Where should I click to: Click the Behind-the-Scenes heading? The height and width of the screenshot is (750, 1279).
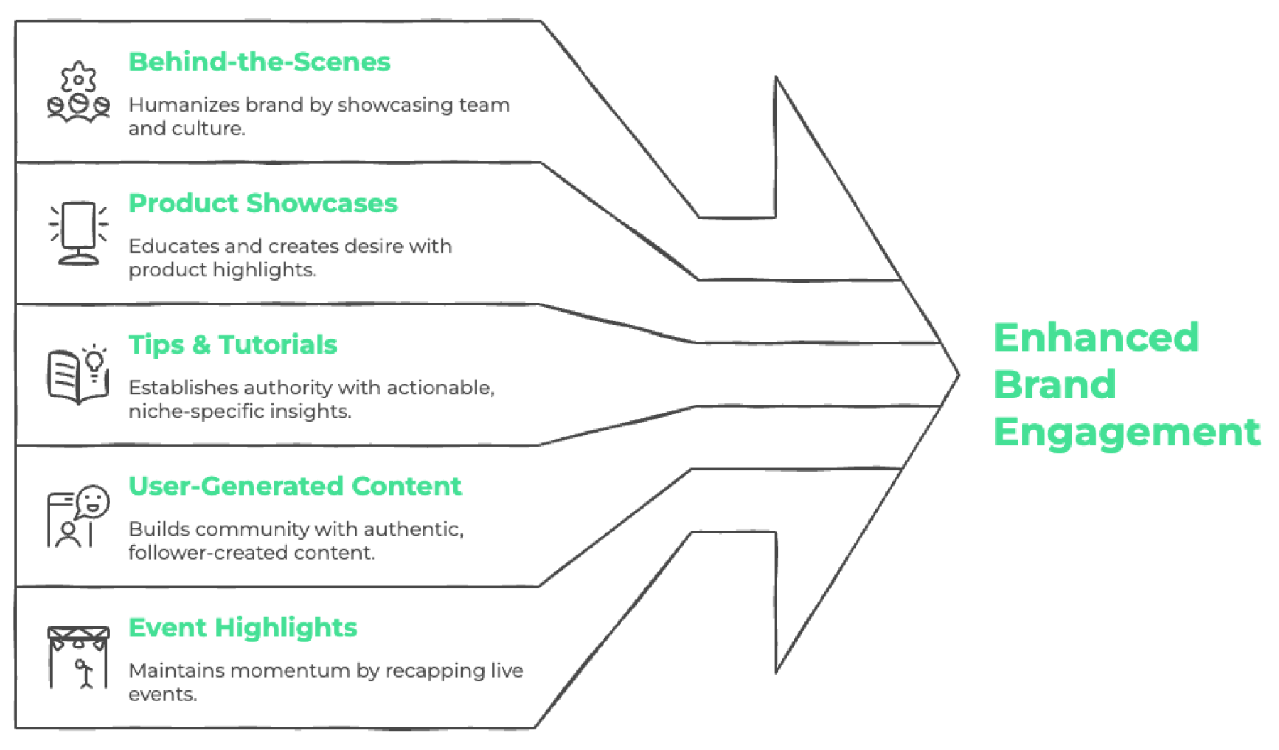(259, 62)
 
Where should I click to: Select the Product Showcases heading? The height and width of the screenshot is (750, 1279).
(263, 203)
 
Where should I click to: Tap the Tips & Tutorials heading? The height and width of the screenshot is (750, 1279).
(232, 344)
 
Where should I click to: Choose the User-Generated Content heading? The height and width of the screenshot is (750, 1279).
(295, 486)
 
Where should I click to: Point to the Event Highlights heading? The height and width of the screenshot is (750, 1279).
(242, 628)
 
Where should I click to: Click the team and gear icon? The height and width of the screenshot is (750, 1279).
(78, 92)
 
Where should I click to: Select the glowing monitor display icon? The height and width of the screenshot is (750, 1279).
(78, 233)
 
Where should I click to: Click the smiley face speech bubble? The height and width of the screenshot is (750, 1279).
(93, 502)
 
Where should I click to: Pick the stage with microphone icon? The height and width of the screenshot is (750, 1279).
(78, 658)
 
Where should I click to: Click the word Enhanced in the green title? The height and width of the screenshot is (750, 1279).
(1096, 337)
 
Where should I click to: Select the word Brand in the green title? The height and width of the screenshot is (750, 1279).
(1054, 385)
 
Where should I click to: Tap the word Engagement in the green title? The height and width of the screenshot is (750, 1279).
(1127, 433)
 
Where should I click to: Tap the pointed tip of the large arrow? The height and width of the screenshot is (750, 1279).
(959, 374)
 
